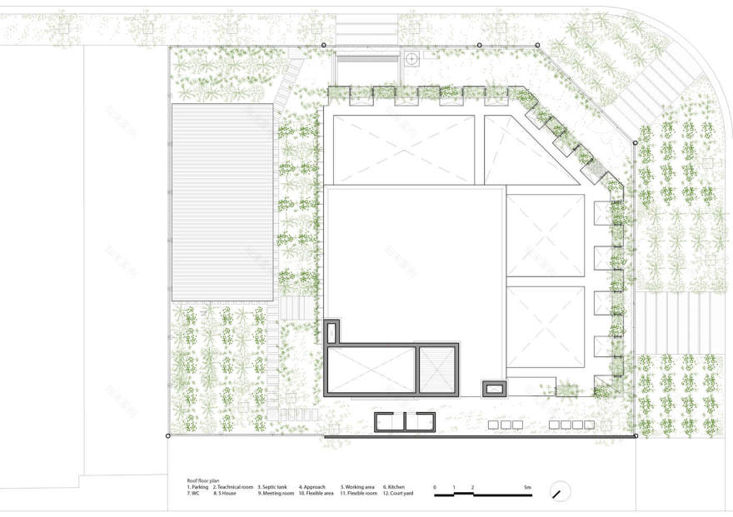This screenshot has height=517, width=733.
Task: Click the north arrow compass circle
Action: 561,492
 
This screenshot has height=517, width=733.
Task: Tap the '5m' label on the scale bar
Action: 527,486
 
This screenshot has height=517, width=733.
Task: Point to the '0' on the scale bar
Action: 434,486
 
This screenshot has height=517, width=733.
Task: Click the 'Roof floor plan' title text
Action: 203,480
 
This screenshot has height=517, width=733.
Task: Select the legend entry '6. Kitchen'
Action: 396,487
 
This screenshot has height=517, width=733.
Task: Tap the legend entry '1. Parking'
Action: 198,487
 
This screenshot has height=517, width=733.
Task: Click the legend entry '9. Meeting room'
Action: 276,494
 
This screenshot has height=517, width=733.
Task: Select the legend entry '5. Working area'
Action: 357,487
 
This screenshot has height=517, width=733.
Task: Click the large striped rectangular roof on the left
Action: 223,202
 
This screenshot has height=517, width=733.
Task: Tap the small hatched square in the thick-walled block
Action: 437,368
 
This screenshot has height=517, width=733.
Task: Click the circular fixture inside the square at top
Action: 411,59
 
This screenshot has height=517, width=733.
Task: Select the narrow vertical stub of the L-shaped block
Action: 333,332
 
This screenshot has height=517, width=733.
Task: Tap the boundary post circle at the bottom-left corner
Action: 168,435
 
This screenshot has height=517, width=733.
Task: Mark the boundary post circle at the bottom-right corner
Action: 636,435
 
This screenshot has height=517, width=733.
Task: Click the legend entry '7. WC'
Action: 193,494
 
